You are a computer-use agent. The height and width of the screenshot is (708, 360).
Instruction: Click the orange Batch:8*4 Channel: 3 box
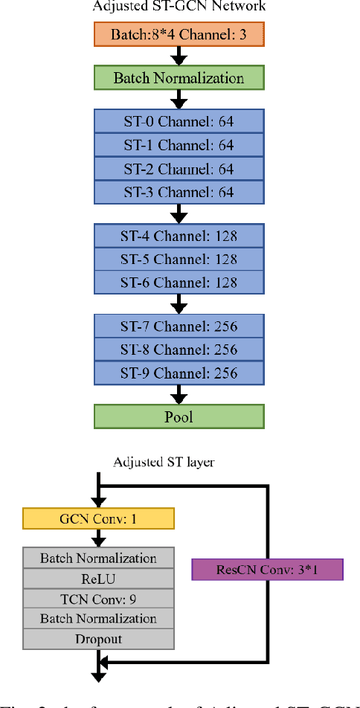(179, 34)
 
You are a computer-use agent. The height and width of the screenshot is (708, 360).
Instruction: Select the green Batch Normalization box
(179, 77)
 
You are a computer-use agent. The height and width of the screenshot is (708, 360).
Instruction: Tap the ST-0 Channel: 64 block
(179, 121)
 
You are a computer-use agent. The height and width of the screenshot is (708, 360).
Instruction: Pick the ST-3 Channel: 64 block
(179, 192)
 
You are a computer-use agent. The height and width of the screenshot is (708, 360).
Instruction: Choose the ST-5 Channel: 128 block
(179, 260)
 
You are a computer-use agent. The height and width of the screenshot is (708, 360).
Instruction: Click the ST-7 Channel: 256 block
(179, 326)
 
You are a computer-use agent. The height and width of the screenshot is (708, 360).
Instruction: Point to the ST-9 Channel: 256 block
(179, 373)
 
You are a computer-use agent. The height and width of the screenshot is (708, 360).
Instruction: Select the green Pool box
(179, 416)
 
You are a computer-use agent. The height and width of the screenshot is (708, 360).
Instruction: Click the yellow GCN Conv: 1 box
(98, 518)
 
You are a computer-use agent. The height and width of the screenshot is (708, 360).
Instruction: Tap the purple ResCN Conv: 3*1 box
(267, 570)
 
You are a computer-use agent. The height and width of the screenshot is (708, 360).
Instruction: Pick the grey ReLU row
(98, 578)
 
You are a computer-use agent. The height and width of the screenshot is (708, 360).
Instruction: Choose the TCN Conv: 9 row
(98, 598)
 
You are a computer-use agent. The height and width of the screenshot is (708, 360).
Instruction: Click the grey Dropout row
(98, 638)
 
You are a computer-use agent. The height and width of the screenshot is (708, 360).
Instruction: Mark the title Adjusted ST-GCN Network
(179, 7)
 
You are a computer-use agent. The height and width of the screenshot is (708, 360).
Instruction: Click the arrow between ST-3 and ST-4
(179, 214)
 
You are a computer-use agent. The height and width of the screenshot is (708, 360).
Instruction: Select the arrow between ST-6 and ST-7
(179, 304)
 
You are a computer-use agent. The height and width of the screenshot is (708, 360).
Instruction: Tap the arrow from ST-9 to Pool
(179, 394)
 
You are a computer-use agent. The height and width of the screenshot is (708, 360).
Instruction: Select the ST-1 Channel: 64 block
(179, 145)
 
